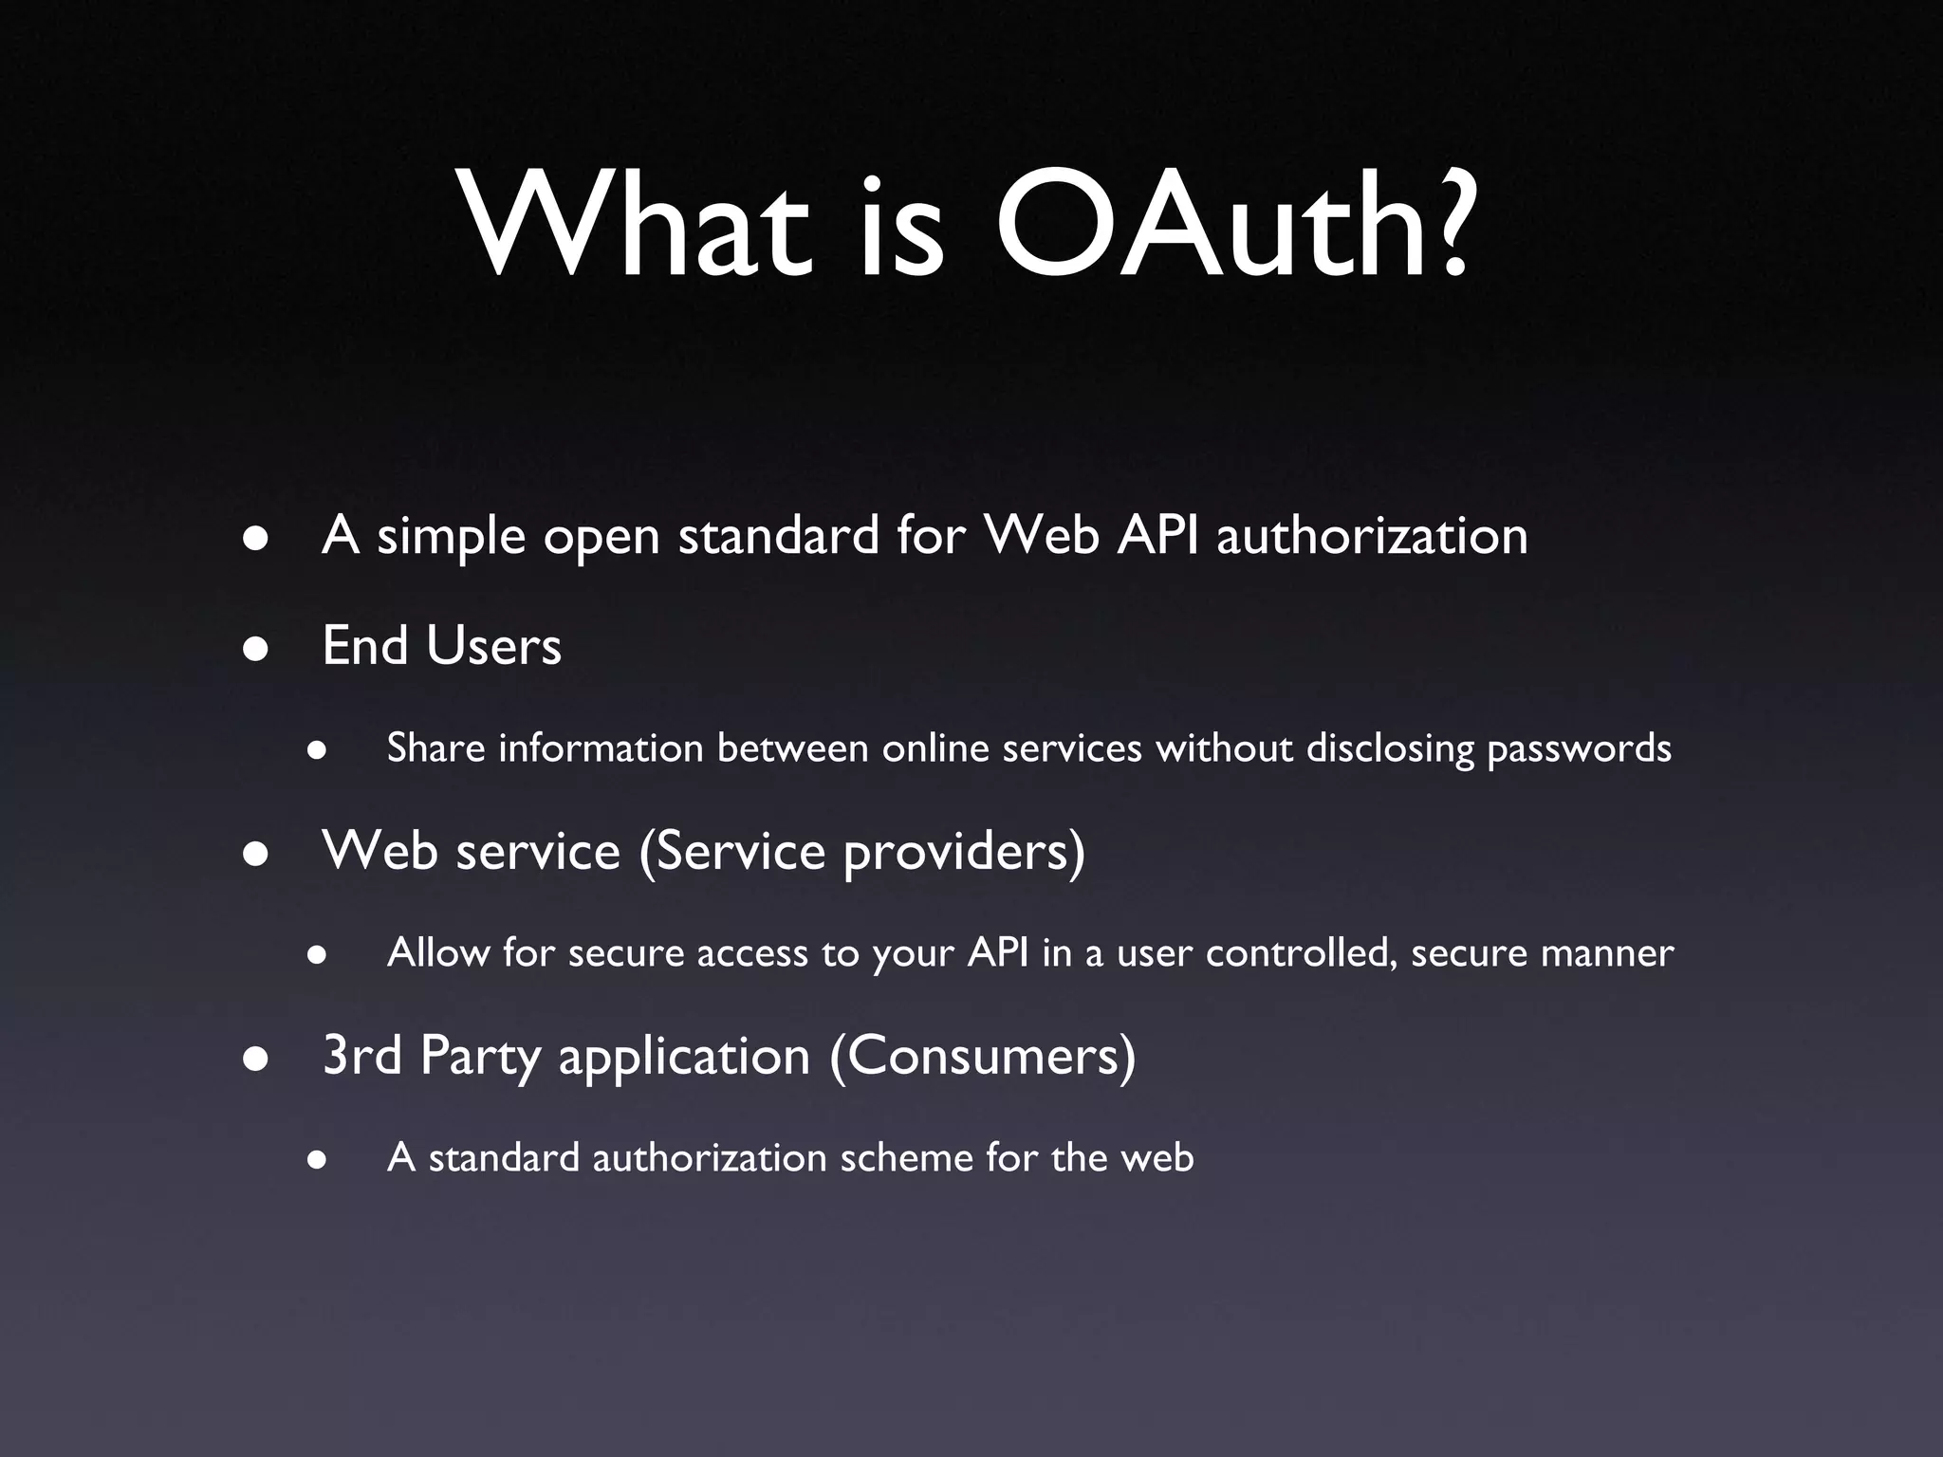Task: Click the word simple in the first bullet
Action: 451,537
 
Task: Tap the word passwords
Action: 1579,749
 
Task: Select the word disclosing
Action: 1390,749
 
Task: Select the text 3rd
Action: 362,1056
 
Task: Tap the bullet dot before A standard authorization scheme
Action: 317,1161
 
